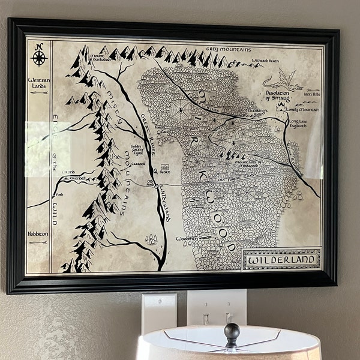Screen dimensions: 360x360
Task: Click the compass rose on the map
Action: (40, 57)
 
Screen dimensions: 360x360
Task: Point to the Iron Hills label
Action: (313, 94)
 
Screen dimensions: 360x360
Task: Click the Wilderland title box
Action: (281, 260)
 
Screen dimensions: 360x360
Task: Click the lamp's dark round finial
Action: (232, 331)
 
